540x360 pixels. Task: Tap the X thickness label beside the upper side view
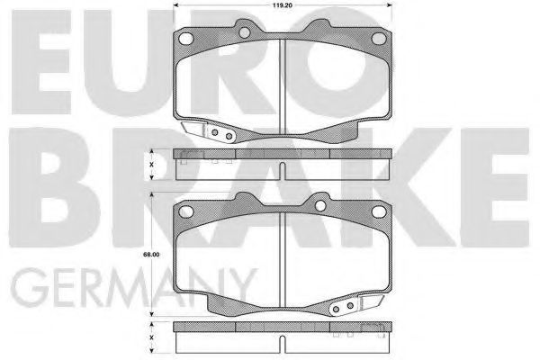click(151, 165)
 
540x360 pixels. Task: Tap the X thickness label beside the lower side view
click(151, 337)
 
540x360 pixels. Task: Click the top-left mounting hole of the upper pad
click(186, 38)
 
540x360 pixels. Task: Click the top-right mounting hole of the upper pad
click(379, 38)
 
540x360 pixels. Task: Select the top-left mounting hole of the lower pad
click(186, 211)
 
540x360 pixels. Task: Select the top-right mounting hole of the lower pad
click(379, 211)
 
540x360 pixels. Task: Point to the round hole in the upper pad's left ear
click(244, 32)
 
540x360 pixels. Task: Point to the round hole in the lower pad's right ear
click(320, 206)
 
